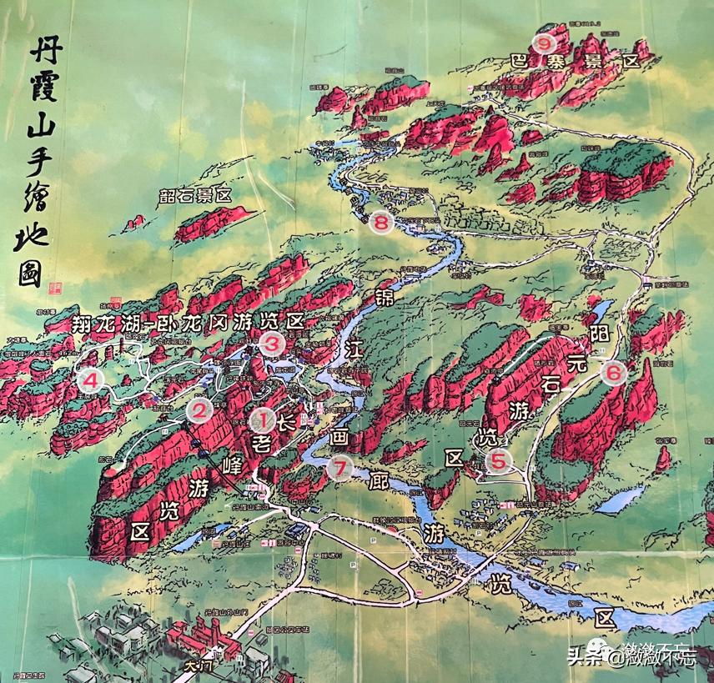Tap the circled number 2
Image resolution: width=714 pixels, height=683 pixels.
199,409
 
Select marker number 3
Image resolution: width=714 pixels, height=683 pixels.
272,342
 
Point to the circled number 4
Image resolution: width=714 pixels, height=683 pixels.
91,381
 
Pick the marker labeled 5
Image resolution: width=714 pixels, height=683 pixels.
498,460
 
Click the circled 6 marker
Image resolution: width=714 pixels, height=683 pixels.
613,373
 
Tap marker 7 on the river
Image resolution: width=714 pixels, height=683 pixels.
339,468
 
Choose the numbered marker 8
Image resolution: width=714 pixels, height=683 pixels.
381,223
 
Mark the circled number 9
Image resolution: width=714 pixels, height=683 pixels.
546,41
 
